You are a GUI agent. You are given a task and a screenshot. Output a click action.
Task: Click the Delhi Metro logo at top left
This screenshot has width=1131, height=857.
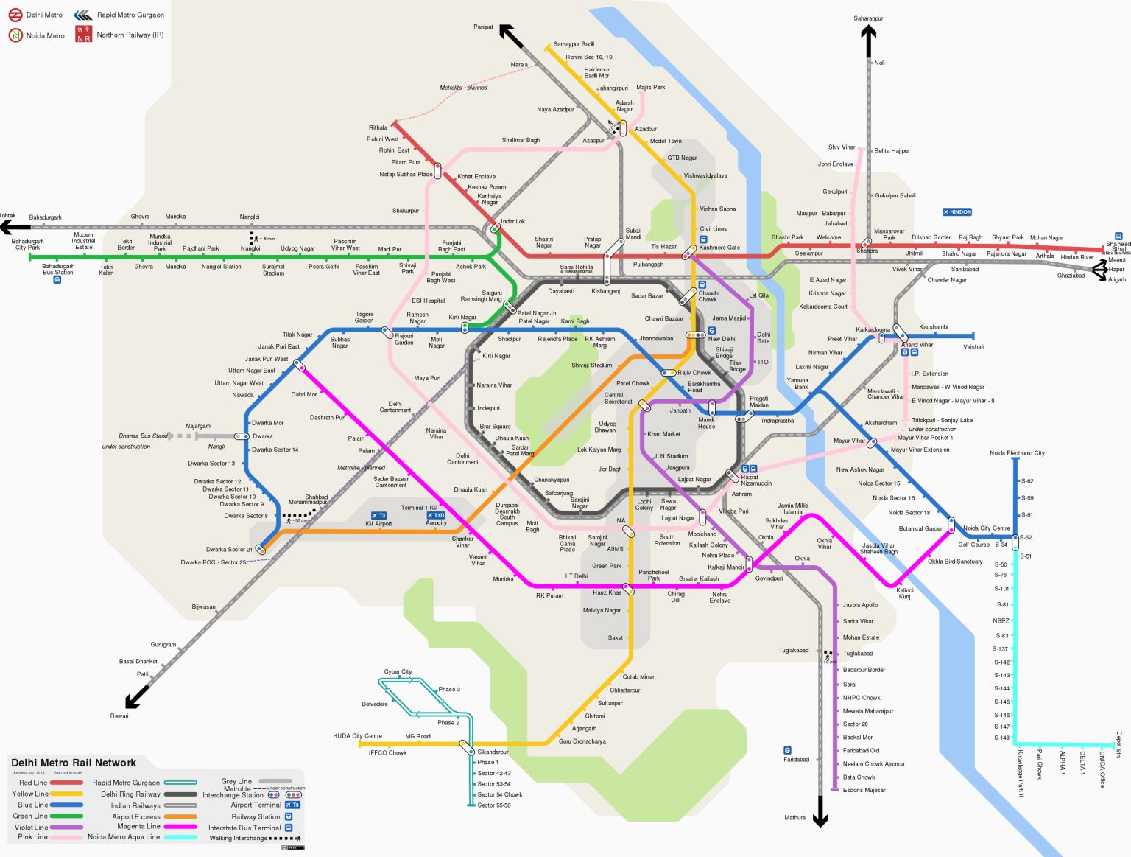pos(15,15)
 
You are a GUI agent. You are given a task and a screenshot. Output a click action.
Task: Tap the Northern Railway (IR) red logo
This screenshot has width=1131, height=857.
pos(84,34)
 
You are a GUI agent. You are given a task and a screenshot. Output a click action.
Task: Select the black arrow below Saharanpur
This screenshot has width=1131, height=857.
pos(868,41)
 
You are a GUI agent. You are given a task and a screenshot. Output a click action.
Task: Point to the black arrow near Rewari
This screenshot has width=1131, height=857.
pos(136,696)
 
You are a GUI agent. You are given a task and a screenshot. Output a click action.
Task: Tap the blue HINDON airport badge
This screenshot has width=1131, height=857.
pos(956,212)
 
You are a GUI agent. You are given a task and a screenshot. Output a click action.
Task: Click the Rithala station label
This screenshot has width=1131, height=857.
pos(378,127)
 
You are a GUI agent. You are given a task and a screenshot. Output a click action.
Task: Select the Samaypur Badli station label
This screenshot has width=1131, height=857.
pos(574,44)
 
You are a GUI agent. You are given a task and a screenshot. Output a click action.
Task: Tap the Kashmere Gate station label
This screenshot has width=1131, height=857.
pos(719,248)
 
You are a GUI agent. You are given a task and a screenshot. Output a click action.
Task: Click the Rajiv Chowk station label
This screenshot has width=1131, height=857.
pos(694,373)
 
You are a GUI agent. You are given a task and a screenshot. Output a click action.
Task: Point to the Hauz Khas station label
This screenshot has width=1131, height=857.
pos(607,592)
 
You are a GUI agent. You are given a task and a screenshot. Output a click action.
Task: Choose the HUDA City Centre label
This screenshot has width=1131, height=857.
pos(357,735)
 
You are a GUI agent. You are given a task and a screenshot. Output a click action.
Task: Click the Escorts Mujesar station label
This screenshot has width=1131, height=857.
pos(864,790)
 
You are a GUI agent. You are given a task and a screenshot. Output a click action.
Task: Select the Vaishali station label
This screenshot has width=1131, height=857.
pos(973,347)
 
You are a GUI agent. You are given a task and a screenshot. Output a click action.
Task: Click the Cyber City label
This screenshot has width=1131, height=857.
pos(398,672)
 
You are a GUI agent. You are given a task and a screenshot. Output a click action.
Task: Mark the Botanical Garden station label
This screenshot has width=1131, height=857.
pos(920,528)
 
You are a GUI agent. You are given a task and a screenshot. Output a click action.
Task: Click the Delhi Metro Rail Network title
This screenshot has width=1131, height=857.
pos(74,763)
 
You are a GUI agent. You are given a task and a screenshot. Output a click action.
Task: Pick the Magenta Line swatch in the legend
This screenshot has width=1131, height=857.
pos(180,827)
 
